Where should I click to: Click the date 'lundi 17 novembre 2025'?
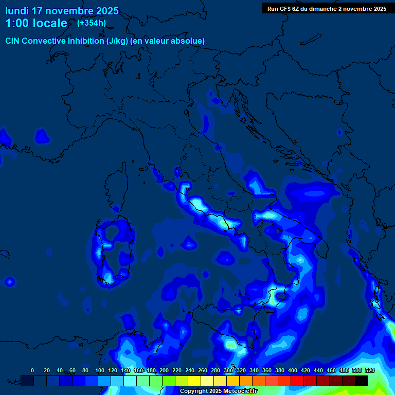[x=62, y=11]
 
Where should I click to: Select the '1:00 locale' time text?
[x=36, y=23]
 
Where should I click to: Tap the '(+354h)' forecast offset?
[x=92, y=23]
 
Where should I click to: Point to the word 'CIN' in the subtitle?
[x=13, y=41]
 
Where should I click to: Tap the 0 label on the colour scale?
[x=32, y=370]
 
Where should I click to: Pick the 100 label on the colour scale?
[x=100, y=370]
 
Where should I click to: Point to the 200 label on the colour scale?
[x=164, y=370]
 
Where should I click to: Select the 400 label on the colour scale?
[x=293, y=370]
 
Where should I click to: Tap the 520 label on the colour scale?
[x=369, y=370]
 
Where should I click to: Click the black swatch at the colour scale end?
[x=362, y=381]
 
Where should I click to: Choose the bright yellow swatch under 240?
[x=194, y=381]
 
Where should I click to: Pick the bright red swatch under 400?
[x=297, y=381]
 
